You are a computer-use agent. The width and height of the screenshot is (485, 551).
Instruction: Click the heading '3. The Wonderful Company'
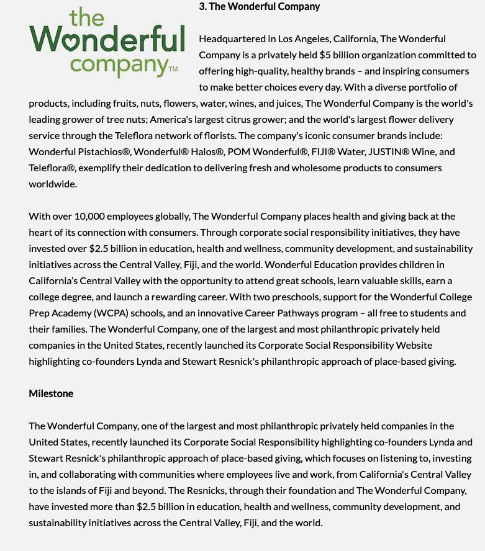tap(260, 7)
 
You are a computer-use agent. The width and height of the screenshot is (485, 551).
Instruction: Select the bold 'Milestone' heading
tap(51, 393)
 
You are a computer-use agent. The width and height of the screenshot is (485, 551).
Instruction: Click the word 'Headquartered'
tap(228, 38)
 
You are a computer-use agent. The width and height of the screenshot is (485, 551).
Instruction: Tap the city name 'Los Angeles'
tap(304, 38)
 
